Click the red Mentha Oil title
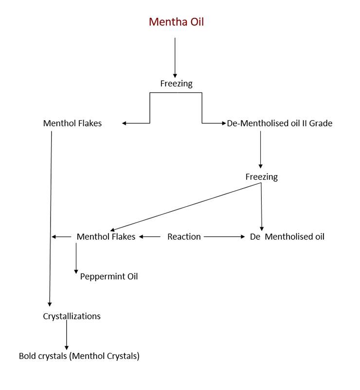click(176, 22)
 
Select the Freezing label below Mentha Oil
click(176, 84)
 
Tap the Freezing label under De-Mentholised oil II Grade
click(261, 177)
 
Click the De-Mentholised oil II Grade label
click(280, 123)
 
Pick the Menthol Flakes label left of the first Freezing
click(72, 123)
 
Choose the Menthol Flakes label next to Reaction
click(106, 236)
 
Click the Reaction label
click(184, 236)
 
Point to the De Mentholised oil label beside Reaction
click(287, 236)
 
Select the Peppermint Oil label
click(108, 276)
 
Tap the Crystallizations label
click(72, 316)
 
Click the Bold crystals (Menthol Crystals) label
click(79, 356)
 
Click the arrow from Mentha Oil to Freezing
click(175, 58)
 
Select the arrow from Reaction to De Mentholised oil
click(224, 237)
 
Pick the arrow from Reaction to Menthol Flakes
click(149, 237)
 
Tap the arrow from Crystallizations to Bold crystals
click(67, 335)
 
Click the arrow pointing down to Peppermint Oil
click(76, 258)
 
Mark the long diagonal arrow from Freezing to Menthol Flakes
click(186, 207)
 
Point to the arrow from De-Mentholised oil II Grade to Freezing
click(260, 150)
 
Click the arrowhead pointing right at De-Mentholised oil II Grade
click(224, 123)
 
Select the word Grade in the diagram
click(321, 123)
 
